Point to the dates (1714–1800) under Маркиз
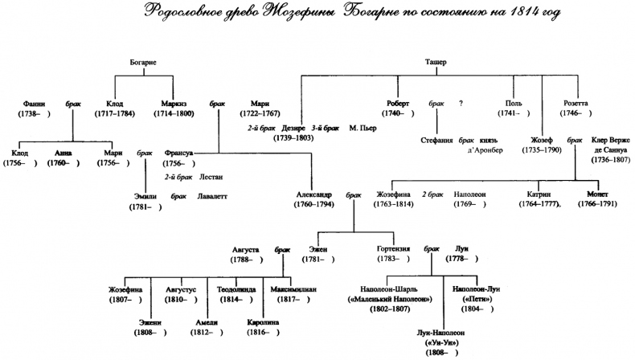coord(173,115)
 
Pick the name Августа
coord(245,249)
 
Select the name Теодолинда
coord(235,289)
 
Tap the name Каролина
coord(264,322)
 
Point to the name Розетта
coord(576,104)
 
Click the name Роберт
coord(397,104)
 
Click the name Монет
coord(596,195)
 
